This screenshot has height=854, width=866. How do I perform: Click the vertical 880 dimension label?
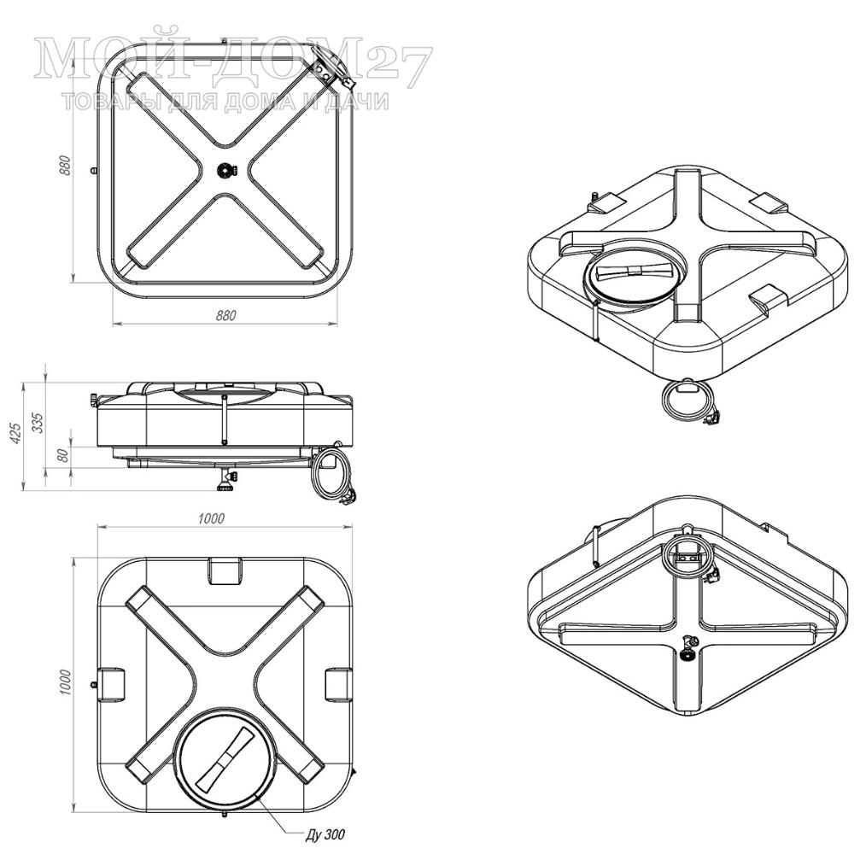[x=66, y=165]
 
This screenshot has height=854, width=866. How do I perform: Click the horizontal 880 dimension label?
[x=225, y=315]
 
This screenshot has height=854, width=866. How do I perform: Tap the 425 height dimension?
[x=16, y=433]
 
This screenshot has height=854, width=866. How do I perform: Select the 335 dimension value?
[x=38, y=423]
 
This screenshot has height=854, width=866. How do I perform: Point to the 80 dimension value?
[x=63, y=455]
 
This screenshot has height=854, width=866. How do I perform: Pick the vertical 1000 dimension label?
[x=66, y=681]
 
